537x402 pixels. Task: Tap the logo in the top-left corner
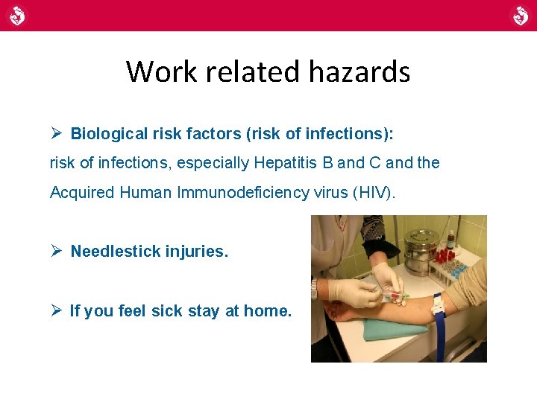16,15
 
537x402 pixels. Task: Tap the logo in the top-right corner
520,15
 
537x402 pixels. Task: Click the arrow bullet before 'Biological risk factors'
56,133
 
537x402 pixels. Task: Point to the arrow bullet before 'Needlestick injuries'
56,252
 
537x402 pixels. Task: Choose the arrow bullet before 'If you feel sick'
56,311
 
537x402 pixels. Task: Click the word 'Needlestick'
112,252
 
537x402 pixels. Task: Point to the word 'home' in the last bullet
268,311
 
